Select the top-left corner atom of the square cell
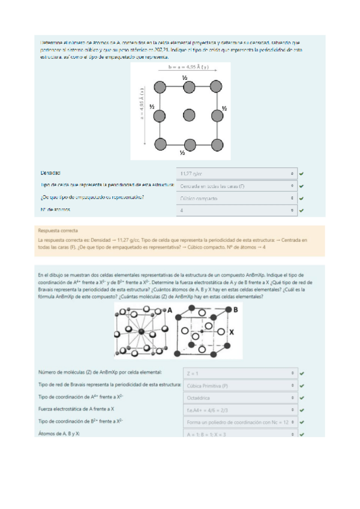pos(159,87)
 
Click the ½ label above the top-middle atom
pos(185,78)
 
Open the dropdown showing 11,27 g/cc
pos(238,173)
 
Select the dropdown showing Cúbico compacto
pos(238,197)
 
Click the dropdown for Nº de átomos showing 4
pos(238,210)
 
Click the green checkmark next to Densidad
pos(301,173)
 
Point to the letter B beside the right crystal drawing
pos(235,309)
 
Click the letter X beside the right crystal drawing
pos(232,331)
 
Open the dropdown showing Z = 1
pos(240,373)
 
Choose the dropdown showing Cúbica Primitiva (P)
pos(240,385)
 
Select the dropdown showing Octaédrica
pos(240,397)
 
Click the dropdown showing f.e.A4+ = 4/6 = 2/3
pos(240,409)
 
